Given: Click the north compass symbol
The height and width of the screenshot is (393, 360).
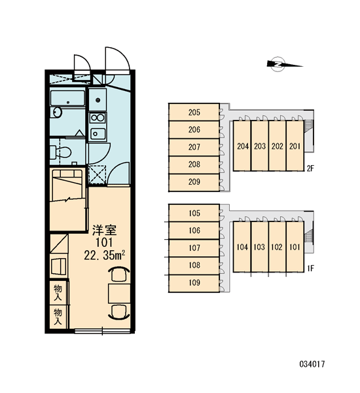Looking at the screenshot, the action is (278, 64).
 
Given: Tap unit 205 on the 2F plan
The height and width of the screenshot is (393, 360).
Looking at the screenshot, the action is (194, 112).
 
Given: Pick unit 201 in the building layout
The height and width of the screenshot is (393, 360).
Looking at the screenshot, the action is (295, 146).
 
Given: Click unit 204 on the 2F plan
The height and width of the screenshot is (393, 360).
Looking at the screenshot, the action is (242, 146).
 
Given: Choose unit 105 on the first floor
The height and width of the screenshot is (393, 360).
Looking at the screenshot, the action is (194, 213).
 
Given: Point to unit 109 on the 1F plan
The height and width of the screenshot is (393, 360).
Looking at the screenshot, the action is (194, 283).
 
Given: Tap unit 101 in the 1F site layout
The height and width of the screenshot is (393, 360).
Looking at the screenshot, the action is (295, 247).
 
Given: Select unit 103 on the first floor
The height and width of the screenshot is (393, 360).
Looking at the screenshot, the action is (260, 247).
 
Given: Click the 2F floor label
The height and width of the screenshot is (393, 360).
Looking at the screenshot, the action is (310, 168).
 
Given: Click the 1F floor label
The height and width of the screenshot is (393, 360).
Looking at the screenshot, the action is (310, 269).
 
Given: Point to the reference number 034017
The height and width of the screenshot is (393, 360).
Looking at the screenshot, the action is (312, 364).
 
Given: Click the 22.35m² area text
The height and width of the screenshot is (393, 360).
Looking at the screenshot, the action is (104, 255).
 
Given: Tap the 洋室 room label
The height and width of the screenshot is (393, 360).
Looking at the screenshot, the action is (104, 230).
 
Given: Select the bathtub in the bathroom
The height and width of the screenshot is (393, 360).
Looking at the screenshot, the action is (67, 98).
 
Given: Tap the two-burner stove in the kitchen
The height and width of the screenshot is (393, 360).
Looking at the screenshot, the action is (98, 117).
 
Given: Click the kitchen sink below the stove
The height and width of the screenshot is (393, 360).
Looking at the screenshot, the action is (98, 134).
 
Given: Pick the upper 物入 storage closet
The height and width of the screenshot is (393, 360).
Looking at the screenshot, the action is (58, 293).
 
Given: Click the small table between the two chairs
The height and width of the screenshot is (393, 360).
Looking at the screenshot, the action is (119, 293).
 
